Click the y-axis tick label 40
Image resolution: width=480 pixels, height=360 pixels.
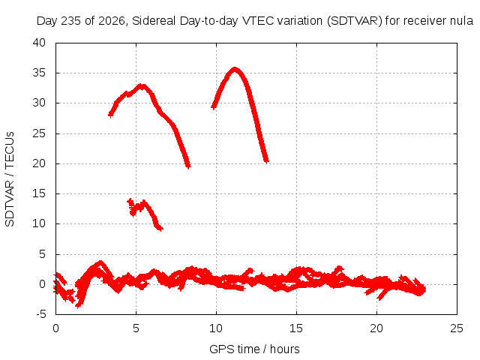pyautogui.click(x=39, y=43)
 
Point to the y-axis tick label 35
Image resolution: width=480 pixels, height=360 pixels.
pyautogui.click(x=39, y=73)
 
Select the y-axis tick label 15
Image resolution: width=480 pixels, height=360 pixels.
pyautogui.click(x=39, y=193)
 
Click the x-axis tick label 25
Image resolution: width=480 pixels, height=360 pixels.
pyautogui.click(x=457, y=328)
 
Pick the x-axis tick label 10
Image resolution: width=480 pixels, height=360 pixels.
pyautogui.click(x=216, y=328)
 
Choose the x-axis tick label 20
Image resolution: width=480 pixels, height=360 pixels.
pyautogui.click(x=376, y=328)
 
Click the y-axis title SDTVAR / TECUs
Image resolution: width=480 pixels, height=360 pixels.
pyautogui.click(x=10, y=179)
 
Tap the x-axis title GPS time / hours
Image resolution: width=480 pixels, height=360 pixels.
pyautogui.click(x=254, y=349)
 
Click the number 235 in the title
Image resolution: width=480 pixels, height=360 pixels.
pyautogui.click(x=72, y=21)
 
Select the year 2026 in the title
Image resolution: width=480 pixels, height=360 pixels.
pyautogui.click(x=112, y=21)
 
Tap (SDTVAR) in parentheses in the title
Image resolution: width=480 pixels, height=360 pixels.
pyautogui.click(x=355, y=21)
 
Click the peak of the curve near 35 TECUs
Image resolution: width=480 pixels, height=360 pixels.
pyautogui.click(x=235, y=69)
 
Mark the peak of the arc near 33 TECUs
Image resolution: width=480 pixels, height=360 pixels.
pyautogui.click(x=141, y=85)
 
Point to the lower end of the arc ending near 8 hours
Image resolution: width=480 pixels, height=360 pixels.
pyautogui.click(x=188, y=166)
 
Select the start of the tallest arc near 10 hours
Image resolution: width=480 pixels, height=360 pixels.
pyautogui.click(x=213, y=107)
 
